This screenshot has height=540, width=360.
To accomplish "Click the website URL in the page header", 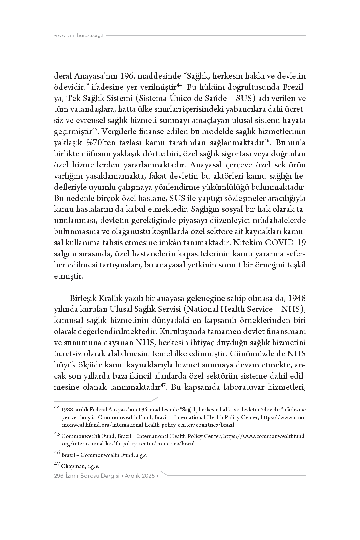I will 80,36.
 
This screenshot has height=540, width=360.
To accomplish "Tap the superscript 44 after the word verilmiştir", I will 179,85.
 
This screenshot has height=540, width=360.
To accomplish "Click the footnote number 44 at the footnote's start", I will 57,407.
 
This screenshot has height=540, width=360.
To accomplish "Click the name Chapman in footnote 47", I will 73,466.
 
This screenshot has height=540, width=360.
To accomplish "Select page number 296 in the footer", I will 58,476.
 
